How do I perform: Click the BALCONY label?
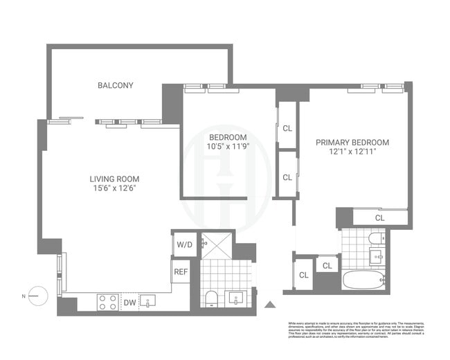click(x=115, y=85)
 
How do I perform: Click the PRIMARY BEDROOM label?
click(x=352, y=143)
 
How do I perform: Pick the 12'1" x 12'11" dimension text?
click(x=352, y=153)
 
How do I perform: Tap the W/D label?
click(x=184, y=244)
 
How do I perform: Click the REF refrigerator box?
click(x=181, y=272)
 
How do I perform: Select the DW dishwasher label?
click(x=130, y=302)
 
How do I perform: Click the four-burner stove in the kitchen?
click(x=107, y=301)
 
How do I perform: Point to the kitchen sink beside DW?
click(x=150, y=301)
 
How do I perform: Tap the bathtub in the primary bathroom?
click(x=364, y=281)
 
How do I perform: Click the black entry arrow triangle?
click(x=271, y=303)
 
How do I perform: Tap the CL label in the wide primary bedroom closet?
click(x=379, y=218)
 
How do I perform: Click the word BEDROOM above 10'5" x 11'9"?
click(x=228, y=136)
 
